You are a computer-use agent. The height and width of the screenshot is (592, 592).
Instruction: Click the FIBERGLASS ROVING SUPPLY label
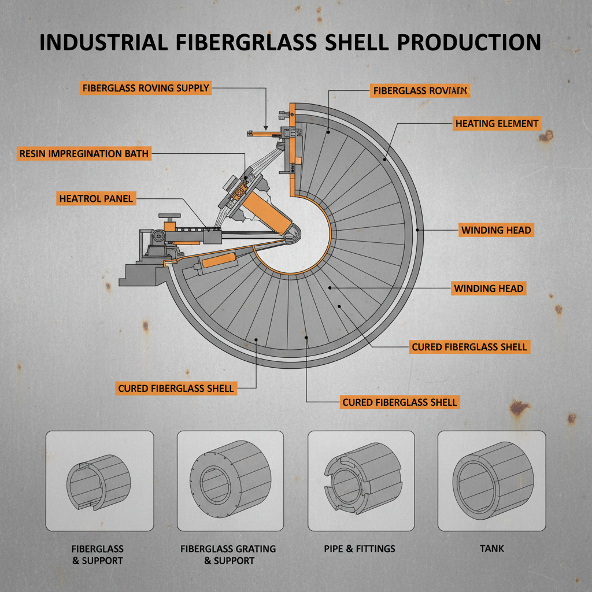pos(145,88)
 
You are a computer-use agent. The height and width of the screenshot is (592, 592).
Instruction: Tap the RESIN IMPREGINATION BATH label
pos(84,154)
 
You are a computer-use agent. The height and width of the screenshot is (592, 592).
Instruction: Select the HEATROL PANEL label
pos(97,199)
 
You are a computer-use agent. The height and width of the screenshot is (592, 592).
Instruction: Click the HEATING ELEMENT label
pos(497,123)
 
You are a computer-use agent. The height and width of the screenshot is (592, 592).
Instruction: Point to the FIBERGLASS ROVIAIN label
pos(419,91)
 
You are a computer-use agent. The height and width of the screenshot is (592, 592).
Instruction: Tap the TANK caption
pos(491,548)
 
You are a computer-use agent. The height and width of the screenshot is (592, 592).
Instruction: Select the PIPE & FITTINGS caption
pos(360,548)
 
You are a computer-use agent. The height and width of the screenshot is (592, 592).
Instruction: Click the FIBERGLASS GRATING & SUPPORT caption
pos(228,554)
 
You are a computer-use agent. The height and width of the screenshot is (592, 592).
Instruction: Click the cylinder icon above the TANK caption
pos(491,480)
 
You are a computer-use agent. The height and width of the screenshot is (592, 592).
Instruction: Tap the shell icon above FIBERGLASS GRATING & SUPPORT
pos(230,480)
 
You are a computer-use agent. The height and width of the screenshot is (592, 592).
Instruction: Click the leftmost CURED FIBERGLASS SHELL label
pos(176,388)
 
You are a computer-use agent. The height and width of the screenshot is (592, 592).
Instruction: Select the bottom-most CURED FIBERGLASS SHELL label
pos(399,402)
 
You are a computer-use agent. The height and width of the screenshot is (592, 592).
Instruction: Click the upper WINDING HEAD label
pos(495,230)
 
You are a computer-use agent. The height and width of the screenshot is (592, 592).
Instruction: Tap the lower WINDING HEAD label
pos(489,288)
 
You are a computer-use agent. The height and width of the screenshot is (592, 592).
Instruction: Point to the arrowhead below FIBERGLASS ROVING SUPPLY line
pos(265,127)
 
